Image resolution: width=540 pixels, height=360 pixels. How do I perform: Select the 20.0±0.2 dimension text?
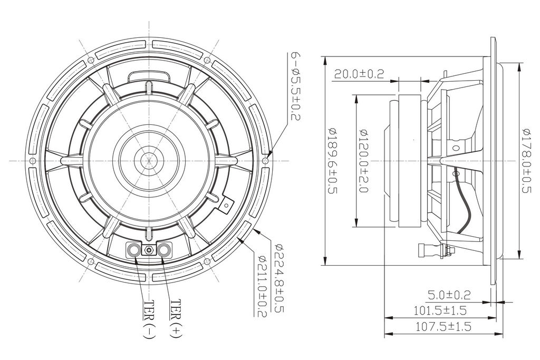click(x=359, y=74)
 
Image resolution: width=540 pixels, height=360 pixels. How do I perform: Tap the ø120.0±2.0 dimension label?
click(x=364, y=160)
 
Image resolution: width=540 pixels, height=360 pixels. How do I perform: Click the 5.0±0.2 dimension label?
click(x=449, y=295)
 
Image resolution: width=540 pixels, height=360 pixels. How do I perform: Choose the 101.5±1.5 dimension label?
click(x=440, y=310)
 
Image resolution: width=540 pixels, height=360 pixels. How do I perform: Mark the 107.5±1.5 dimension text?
click(x=443, y=326)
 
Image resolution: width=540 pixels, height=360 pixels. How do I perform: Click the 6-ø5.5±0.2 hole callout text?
click(x=296, y=86)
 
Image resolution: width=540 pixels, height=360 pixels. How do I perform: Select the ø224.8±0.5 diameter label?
click(x=279, y=278)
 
